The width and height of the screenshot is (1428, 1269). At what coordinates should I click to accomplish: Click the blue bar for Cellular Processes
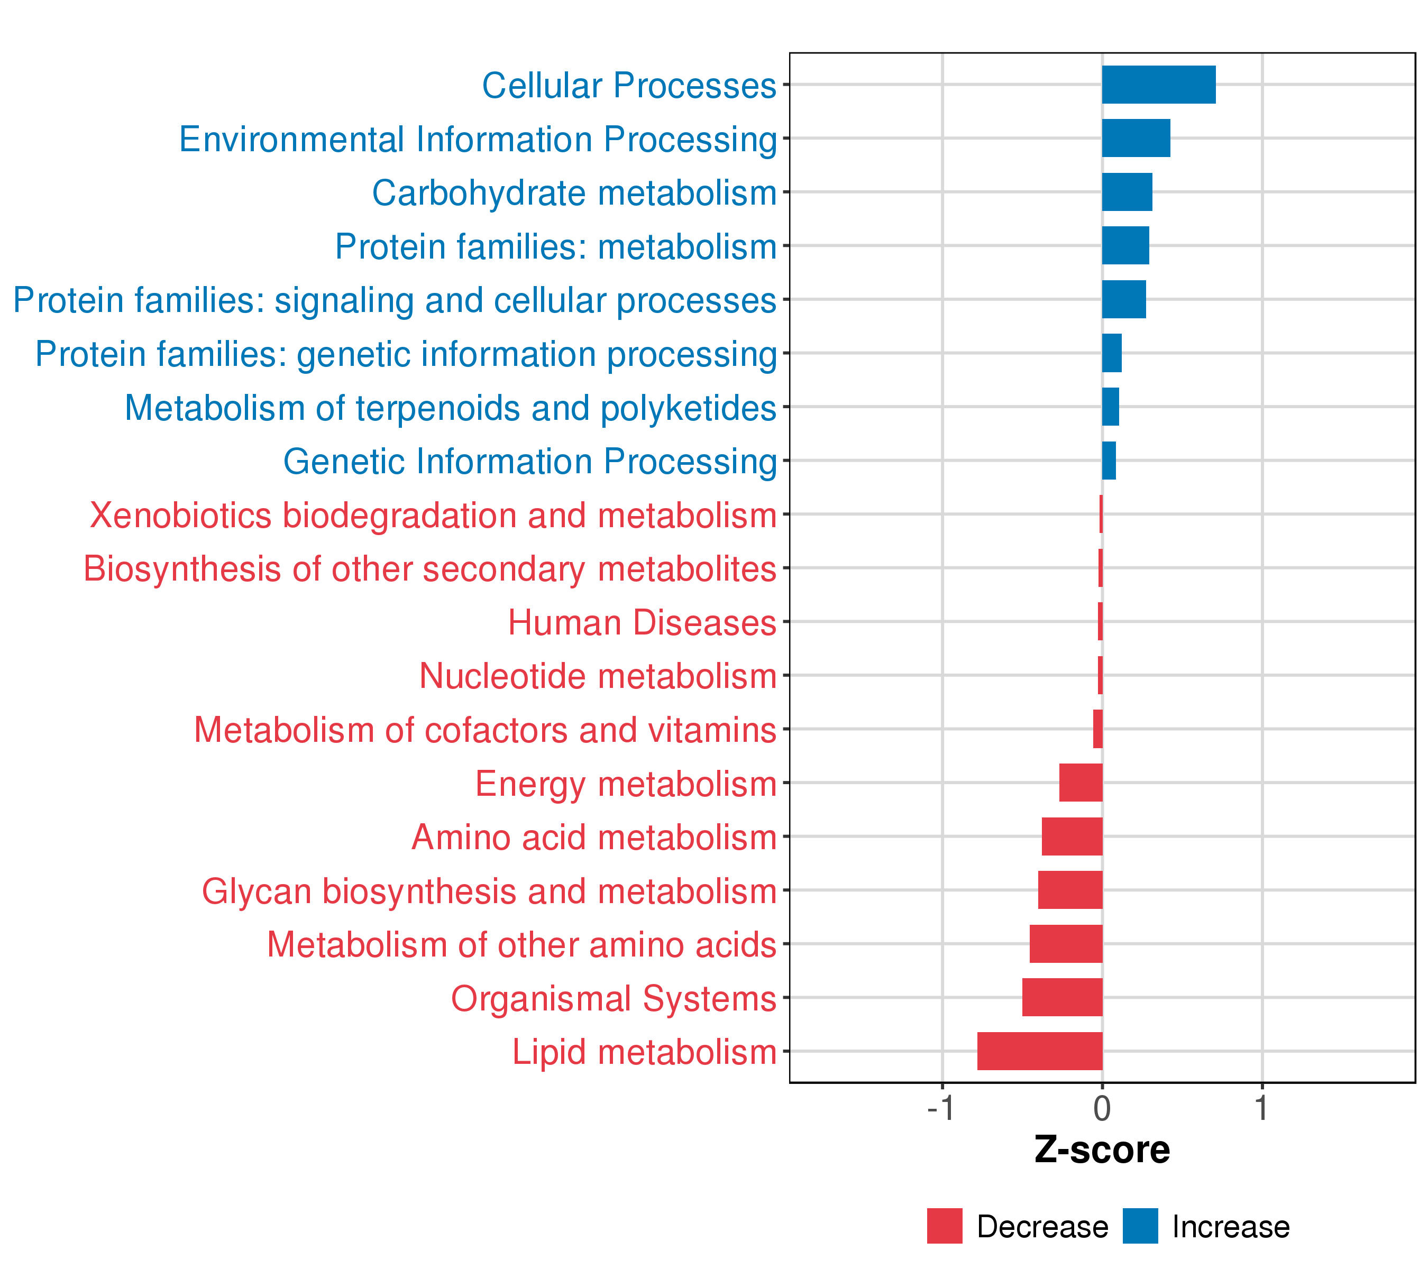[x=1158, y=85]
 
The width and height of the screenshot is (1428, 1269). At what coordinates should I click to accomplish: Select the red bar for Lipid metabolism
[x=1040, y=1051]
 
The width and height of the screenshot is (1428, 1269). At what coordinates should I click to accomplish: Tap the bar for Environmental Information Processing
[x=1136, y=139]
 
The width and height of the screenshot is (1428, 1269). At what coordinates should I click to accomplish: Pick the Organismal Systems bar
[x=1062, y=997]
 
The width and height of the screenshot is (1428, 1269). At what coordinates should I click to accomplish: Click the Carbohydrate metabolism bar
[x=1127, y=192]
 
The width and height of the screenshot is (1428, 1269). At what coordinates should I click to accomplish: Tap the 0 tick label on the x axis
[x=1102, y=1108]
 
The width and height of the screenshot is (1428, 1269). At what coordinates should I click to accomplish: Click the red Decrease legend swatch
[x=945, y=1226]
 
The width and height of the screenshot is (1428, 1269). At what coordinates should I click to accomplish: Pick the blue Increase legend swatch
[x=1140, y=1226]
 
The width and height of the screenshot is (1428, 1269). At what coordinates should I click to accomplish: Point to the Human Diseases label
[x=642, y=622]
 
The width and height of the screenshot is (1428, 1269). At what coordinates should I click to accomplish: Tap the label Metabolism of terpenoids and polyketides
[x=450, y=408]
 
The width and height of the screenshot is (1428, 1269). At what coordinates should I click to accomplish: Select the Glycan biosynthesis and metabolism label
[x=489, y=891]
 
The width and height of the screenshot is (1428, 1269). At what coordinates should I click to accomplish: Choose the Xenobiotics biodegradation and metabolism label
[x=433, y=516]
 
